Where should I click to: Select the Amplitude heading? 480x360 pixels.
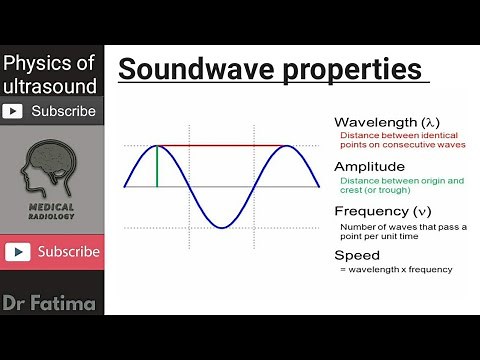pyautogui.click(x=369, y=166)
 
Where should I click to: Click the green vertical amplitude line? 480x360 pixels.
pyautogui.click(x=157, y=166)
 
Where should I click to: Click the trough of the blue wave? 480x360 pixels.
pyautogui.click(x=222, y=227)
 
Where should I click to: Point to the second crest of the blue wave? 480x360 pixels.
pyautogui.click(x=288, y=147)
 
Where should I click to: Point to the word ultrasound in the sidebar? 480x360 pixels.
pyautogui.click(x=50, y=86)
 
